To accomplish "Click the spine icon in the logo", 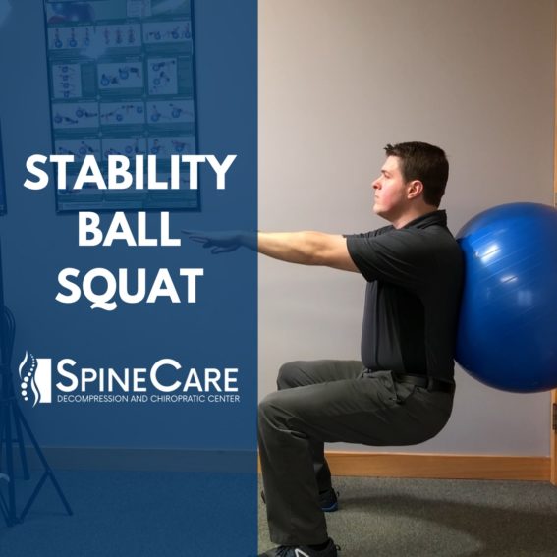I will point(28,378).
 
